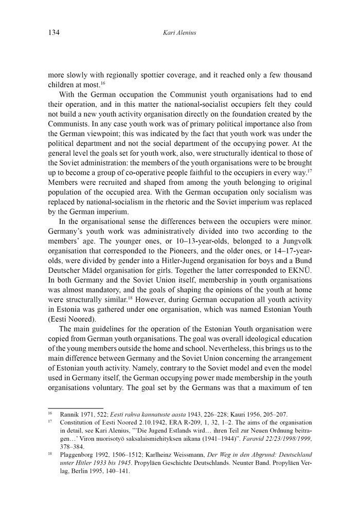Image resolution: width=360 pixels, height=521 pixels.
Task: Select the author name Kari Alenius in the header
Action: [180, 33]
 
